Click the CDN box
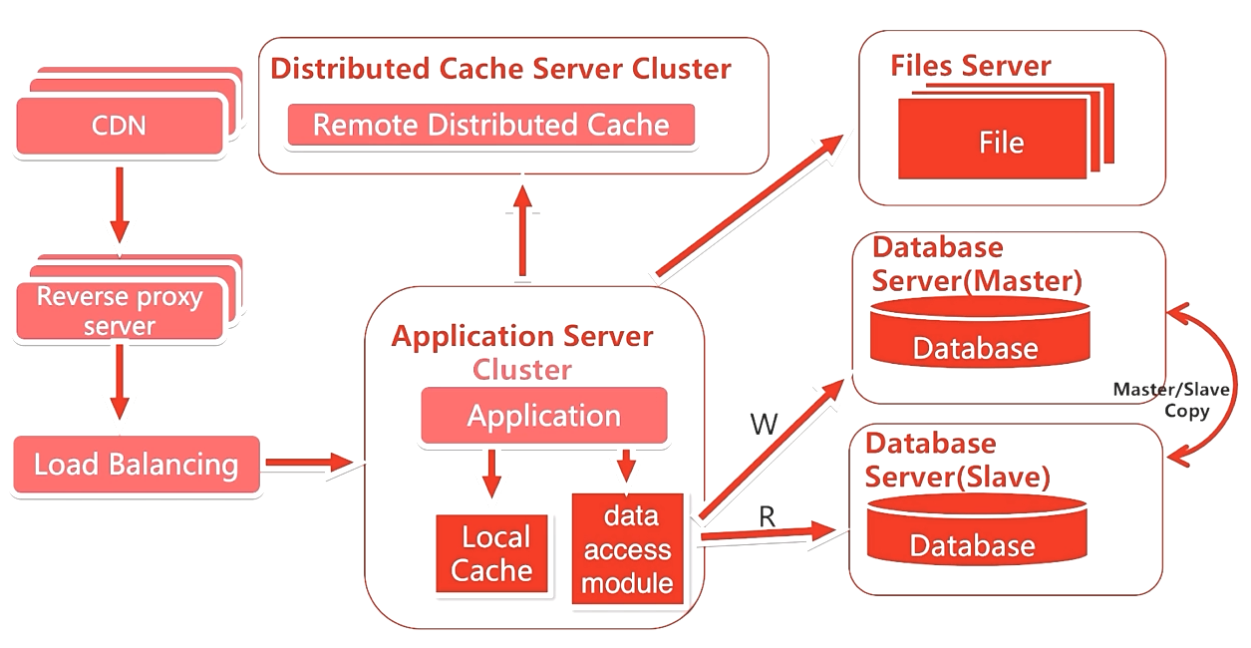[x=120, y=127]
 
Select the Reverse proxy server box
[x=120, y=310]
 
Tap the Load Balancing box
[x=137, y=465]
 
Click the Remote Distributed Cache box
[x=490, y=126]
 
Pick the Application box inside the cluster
[x=543, y=415]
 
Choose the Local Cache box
[x=492, y=553]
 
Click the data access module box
[x=627, y=548]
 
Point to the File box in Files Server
[x=1000, y=143]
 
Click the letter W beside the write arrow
[x=764, y=426]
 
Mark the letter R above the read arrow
[x=767, y=515]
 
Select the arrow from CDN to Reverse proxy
[x=120, y=204]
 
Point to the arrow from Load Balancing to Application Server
[x=309, y=463]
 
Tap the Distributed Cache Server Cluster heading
[x=501, y=69]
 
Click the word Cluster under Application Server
[x=522, y=370]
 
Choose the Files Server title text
[x=970, y=67]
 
